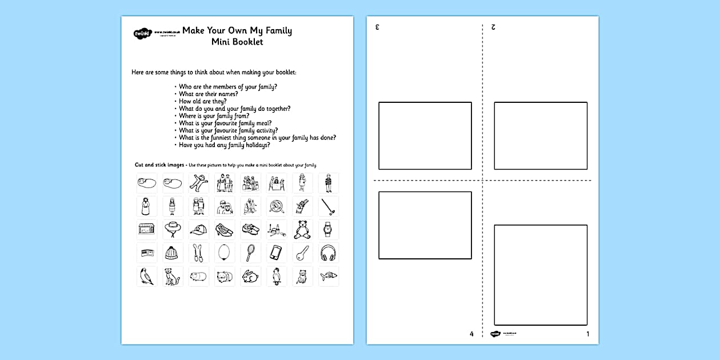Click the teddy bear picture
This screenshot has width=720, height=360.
pos(302,230)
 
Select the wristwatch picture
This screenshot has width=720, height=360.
pos(328,230)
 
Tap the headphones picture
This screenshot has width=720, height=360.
pos(328,253)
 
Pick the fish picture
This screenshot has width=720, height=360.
pos(328,276)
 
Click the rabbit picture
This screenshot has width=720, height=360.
pos(250,276)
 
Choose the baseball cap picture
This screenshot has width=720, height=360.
pos(199,230)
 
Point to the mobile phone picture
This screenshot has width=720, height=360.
pos(276,253)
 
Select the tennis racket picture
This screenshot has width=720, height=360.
pos(250,253)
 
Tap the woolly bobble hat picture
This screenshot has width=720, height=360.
pos(173,253)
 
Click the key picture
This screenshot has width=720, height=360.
pos(302,253)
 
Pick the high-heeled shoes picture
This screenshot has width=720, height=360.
pos(225,230)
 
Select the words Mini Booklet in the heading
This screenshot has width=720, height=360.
pos(237,42)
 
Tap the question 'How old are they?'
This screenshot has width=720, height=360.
pos(202,101)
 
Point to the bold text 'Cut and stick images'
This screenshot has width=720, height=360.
pos(159,165)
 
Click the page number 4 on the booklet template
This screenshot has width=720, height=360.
pos(471,334)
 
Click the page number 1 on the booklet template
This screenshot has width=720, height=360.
pos(587,334)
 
